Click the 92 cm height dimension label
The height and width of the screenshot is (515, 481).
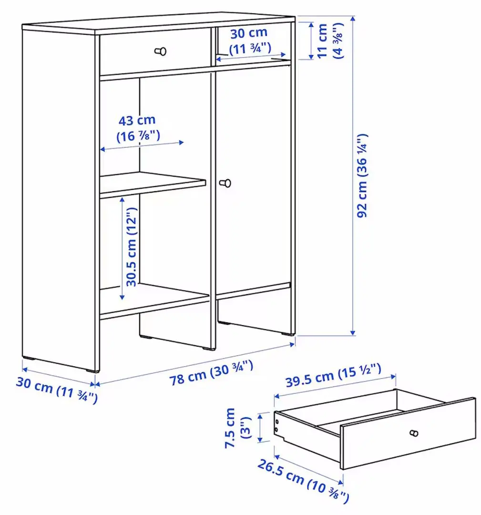tap(363, 175)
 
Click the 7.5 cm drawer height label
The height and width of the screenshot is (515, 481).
tap(237, 427)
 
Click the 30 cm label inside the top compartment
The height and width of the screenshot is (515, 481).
tap(249, 41)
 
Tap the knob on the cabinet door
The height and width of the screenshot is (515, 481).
tap(225, 183)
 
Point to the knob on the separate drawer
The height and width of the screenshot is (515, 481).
tap(414, 433)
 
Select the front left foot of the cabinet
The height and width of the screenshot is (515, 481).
tap(90, 370)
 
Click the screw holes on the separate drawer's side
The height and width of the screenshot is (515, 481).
tap(277, 425)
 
